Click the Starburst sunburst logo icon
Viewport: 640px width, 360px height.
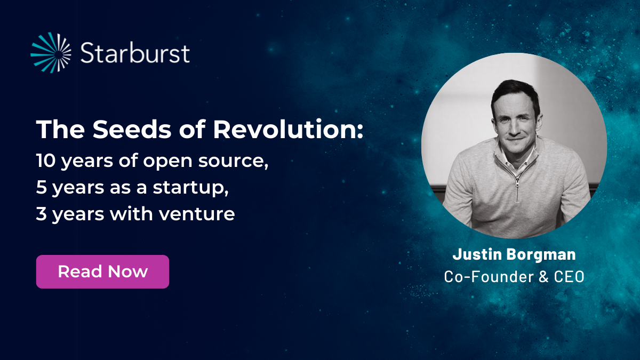coord(51,53)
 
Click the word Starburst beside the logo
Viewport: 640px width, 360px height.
coord(135,53)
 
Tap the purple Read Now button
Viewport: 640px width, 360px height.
coord(102,271)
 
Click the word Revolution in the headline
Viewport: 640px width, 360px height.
coord(287,129)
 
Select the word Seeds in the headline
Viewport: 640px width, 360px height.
coord(132,129)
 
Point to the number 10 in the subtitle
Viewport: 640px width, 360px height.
coord(46,161)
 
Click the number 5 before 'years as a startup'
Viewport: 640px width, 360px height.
coord(42,187)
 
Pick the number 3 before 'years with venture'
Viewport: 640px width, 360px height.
coord(42,214)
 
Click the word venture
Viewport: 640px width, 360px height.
coord(197,214)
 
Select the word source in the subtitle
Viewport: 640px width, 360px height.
coord(233,162)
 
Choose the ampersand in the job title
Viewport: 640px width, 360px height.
coord(543,277)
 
